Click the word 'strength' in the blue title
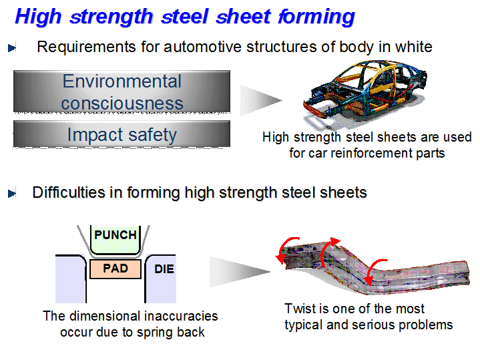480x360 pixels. tap(111, 17)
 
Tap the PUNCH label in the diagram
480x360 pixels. tap(115, 235)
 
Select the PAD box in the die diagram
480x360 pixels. tap(115, 268)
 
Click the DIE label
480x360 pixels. tap(164, 269)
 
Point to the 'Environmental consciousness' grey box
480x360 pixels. tap(122, 92)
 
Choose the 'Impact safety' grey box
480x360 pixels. tap(122, 134)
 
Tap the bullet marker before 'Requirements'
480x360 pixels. tap(12, 48)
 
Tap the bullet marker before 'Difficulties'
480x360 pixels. tap(12, 193)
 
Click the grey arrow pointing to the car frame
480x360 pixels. tap(261, 100)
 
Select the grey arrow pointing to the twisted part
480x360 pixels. tap(240, 272)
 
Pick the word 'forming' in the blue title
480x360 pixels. tap(316, 17)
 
